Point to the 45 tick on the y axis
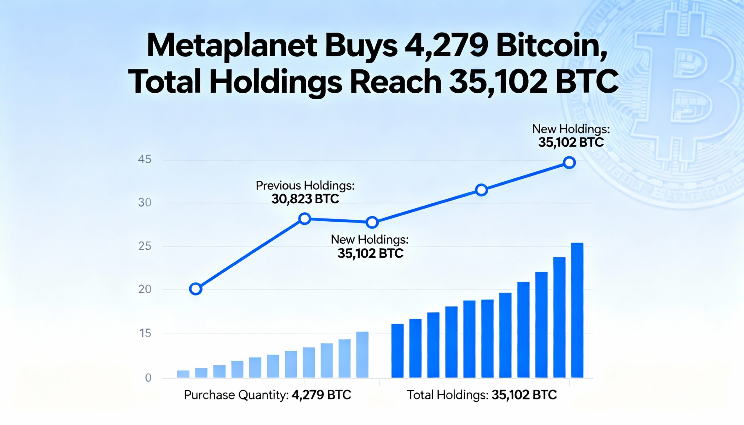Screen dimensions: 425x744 point(144,159)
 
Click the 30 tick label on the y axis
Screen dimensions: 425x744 point(144,202)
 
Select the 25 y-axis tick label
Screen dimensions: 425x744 point(144,246)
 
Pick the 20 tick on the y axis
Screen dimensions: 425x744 point(144,289)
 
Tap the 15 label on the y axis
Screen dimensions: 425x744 point(145,333)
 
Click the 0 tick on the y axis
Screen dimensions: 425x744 point(148,378)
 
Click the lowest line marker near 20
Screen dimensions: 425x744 point(196,289)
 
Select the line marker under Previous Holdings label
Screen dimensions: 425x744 point(305,218)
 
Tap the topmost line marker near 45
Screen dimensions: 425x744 point(569,163)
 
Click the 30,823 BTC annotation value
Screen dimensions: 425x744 point(305,199)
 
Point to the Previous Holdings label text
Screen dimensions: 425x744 point(305,186)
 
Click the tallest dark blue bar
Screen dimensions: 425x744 point(577,310)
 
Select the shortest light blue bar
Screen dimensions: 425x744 point(183,374)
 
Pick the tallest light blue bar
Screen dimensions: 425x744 point(362,355)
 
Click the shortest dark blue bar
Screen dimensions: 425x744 point(397,351)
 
